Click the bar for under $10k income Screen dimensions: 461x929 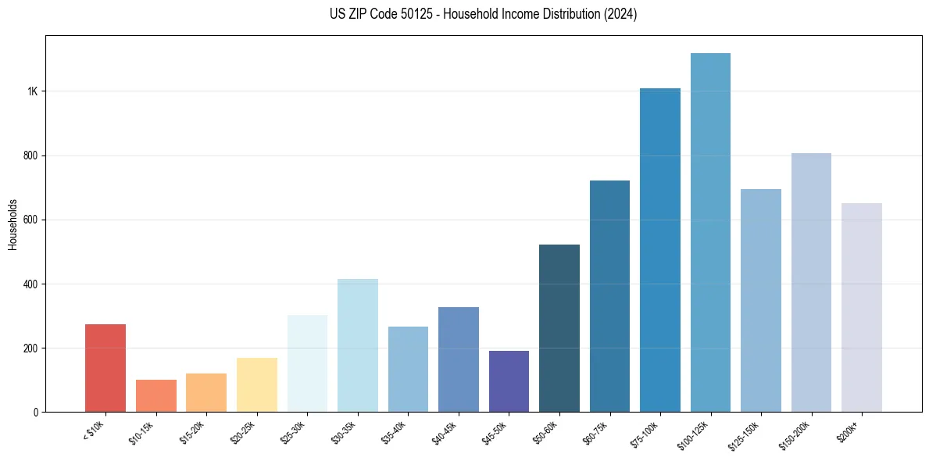point(105,368)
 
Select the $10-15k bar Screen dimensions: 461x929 point(155,395)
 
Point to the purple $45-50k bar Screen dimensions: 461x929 point(509,381)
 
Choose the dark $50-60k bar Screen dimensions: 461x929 point(559,328)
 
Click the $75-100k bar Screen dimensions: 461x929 point(659,250)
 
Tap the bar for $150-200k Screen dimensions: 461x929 point(811,282)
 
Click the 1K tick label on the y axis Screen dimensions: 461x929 point(32,91)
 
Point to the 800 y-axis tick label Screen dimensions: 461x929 point(30,155)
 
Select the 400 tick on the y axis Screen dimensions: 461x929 point(30,284)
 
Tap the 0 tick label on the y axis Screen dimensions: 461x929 point(35,412)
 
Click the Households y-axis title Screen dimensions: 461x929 point(13,224)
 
